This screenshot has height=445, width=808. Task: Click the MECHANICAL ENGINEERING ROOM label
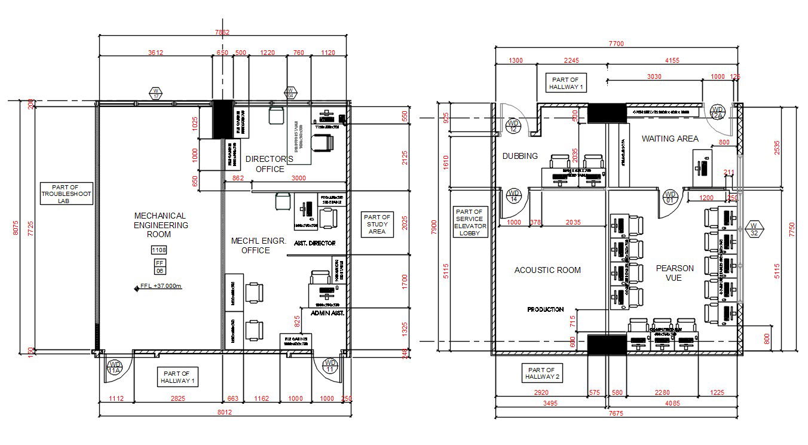click(160, 225)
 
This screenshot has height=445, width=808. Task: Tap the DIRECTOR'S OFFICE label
click(270, 164)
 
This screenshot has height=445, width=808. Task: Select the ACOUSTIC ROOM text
click(547, 270)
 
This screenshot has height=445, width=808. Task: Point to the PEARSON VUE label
click(675, 273)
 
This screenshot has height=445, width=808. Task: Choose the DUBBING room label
click(520, 156)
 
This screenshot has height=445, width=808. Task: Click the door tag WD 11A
click(114, 367)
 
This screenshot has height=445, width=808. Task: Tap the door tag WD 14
click(513, 197)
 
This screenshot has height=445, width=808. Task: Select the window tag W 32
click(754, 229)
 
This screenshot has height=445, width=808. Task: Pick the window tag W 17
click(156, 93)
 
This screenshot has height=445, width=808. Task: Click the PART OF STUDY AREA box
click(377, 224)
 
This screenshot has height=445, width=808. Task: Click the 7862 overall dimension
click(222, 32)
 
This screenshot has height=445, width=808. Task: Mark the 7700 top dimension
click(616, 44)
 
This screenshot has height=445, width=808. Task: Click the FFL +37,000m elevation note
click(160, 286)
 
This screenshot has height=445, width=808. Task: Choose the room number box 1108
click(160, 250)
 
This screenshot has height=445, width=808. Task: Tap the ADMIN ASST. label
click(328, 312)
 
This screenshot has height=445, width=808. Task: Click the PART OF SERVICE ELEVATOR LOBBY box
click(471, 222)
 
